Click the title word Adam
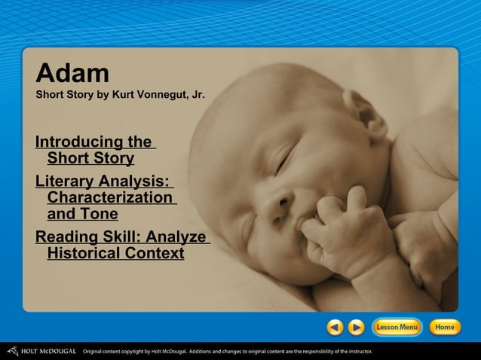coord(72,73)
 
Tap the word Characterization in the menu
coord(109,197)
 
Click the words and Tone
coord(82,214)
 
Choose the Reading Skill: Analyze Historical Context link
coord(121,246)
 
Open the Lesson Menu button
coord(397,327)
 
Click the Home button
coord(445,327)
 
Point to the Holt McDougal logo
coord(41,351)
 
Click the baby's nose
coord(280,201)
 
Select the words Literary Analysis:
coord(103,182)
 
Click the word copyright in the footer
coord(133,351)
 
